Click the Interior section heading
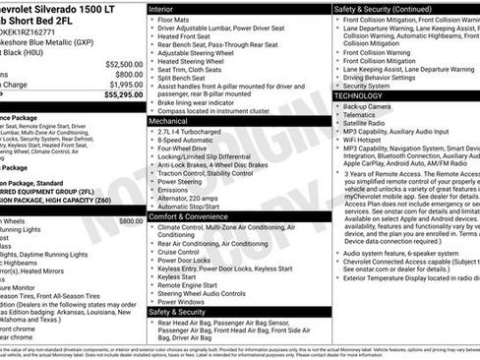166,8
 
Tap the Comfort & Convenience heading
194,216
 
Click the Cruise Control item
189,252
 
